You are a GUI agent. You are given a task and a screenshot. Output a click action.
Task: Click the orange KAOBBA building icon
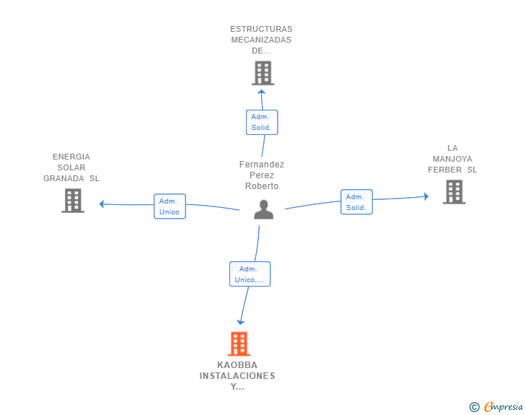point(239,344)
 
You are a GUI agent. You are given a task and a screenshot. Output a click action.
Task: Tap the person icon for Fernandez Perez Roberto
point(263,209)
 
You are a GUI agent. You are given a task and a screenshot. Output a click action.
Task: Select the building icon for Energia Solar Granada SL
point(73,201)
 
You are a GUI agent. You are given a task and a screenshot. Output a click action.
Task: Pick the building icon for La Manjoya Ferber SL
point(454,192)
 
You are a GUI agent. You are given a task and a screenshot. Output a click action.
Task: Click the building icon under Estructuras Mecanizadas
point(262,73)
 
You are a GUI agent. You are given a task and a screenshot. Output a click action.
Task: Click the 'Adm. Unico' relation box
point(169,206)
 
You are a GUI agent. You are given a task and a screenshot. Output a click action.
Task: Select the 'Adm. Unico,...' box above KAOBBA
point(250,274)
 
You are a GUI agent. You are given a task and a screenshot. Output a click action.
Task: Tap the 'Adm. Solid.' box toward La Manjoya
point(356,202)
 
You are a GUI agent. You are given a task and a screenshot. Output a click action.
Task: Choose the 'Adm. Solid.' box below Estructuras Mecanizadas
point(262,123)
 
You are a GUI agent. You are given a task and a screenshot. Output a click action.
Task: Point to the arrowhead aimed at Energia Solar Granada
point(102,204)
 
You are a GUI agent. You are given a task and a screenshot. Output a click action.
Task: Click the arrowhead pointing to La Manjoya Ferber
point(426,196)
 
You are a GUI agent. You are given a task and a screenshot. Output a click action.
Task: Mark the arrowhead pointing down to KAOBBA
point(240,322)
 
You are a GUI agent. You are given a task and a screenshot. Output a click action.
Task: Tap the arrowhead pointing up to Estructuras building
point(262,92)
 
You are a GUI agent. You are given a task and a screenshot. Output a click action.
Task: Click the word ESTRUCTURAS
point(261,29)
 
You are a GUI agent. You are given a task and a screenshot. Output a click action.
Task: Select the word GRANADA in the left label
point(63,178)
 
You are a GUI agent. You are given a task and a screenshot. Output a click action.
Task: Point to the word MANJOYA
point(452,159)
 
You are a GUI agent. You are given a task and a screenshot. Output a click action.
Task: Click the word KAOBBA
point(237,365)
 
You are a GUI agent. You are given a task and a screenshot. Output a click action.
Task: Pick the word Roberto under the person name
point(262,186)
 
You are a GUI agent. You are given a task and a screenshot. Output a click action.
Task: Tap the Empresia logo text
point(503,407)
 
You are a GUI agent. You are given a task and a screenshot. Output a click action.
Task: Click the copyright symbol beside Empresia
point(475,407)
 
